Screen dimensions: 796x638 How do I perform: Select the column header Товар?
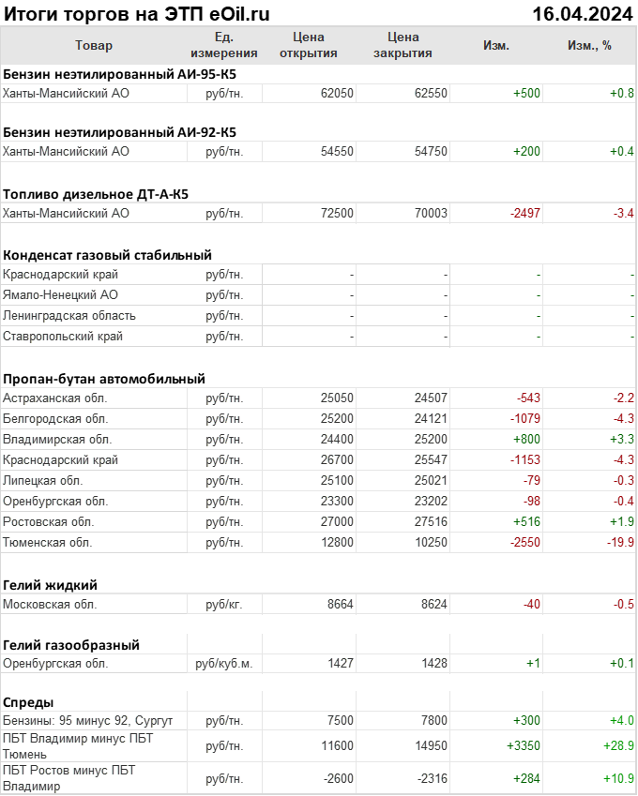point(94,46)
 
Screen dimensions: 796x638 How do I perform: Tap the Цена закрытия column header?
point(403,45)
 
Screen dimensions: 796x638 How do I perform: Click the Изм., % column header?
point(589,46)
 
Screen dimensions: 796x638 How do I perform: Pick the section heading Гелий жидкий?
point(51,585)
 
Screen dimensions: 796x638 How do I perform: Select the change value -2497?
point(525,214)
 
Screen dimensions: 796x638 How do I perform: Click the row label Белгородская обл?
point(55,419)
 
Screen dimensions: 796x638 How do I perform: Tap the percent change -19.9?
point(618,543)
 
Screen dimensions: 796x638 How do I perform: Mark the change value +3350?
point(524,745)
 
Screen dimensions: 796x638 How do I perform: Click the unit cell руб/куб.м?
point(223,664)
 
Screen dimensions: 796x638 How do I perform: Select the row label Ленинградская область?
point(69,316)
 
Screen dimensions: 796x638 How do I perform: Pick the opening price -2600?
point(335,778)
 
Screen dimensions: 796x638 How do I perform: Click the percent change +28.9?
point(616,745)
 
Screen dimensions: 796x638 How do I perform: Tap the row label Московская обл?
point(51,605)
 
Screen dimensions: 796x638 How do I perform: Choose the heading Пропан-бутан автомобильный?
point(104,379)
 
